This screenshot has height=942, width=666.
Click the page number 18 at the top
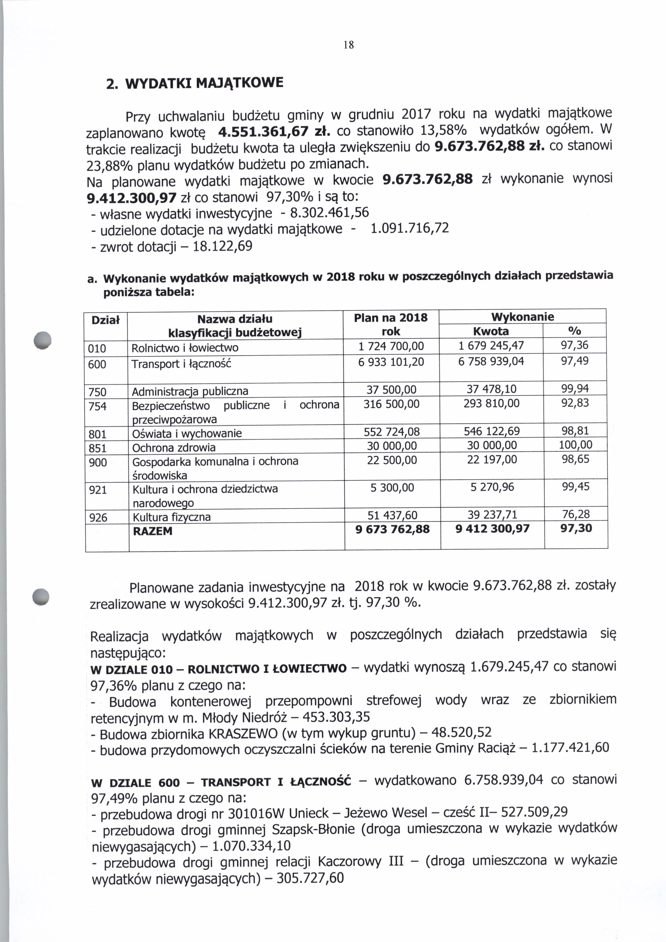[x=349, y=45]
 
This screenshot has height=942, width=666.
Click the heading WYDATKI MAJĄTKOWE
[x=204, y=83]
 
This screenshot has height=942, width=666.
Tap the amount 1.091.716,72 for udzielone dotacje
[x=409, y=228]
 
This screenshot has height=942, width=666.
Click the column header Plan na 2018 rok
[x=390, y=324]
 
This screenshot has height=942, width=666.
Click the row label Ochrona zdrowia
[x=174, y=447]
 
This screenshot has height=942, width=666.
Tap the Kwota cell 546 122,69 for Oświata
[x=491, y=431]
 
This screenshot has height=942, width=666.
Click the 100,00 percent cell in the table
[x=575, y=445]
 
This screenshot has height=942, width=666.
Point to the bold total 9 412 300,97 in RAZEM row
[x=492, y=529]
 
